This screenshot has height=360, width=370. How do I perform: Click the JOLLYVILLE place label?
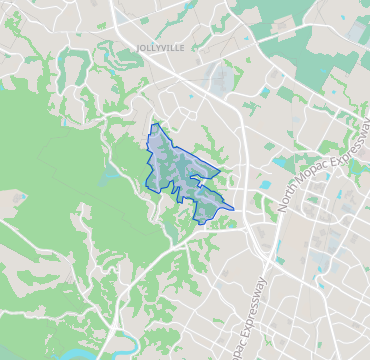[x=153, y=46]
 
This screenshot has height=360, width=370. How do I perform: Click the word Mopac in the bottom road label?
[x=237, y=340]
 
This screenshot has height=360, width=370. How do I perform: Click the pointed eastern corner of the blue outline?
[x=234, y=210]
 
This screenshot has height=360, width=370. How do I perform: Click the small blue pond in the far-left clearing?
[x=19, y=197]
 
